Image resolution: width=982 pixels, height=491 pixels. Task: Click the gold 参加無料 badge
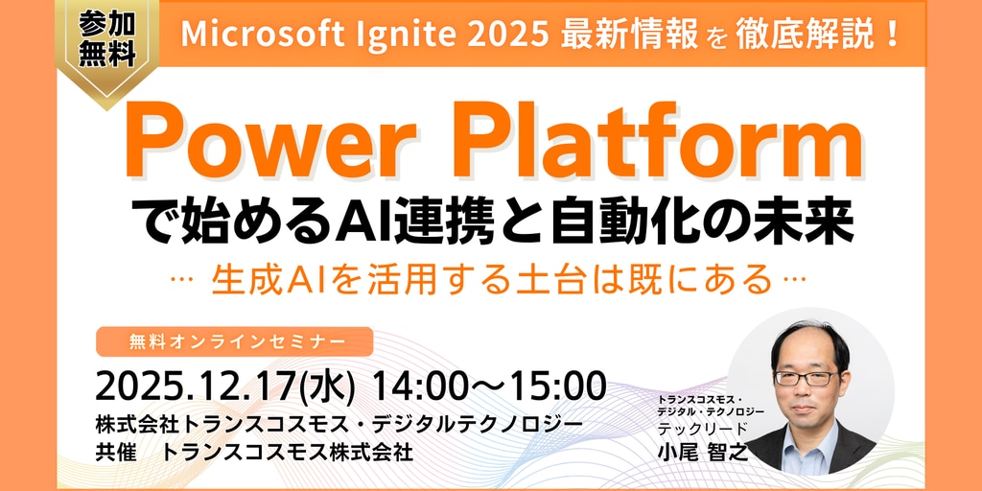pyautogui.click(x=107, y=47)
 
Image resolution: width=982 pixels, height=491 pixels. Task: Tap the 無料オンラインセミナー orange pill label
pyautogui.click(x=234, y=342)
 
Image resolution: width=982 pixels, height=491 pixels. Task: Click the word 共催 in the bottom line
pyautogui.click(x=116, y=452)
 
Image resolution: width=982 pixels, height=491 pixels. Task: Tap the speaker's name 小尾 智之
pyautogui.click(x=703, y=451)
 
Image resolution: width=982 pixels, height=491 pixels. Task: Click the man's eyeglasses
pyautogui.click(x=806, y=378)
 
